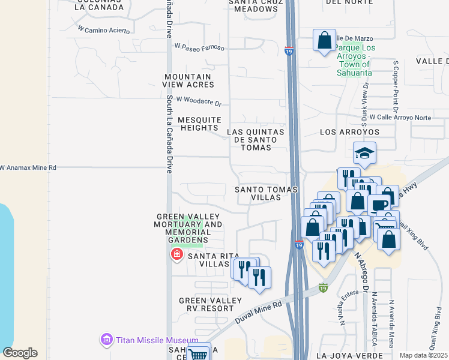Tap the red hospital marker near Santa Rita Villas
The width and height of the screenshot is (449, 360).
[176, 255]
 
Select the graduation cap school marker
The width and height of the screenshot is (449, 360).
[364, 154]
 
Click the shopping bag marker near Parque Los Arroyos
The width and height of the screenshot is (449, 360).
[324, 41]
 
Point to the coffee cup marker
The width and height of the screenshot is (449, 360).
[379, 205]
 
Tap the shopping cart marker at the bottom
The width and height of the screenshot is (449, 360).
[197, 354]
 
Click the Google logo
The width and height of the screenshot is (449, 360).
[20, 353]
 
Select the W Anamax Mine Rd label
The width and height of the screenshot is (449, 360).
[28, 168]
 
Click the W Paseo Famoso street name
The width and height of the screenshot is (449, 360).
[199, 46]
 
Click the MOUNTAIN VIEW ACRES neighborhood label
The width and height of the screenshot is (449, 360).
[188, 80]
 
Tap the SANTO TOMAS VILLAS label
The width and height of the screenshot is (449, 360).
[265, 193]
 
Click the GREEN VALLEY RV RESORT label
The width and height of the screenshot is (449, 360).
[206, 304]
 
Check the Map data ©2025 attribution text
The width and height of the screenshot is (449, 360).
[423, 355]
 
